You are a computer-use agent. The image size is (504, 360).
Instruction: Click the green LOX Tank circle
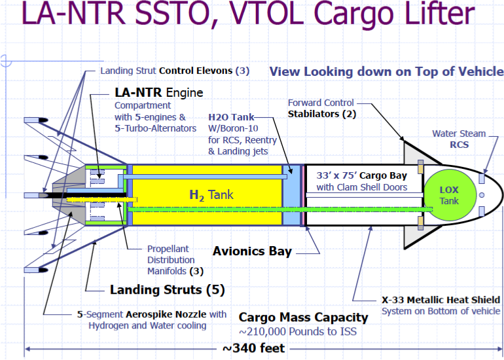pyautogui.click(x=449, y=194)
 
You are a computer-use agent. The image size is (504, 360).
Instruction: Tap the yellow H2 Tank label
pyautogui.click(x=211, y=194)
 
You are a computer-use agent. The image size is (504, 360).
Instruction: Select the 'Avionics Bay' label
pyautogui.click(x=253, y=251)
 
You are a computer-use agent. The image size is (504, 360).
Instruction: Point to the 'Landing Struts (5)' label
pyautogui.click(x=163, y=289)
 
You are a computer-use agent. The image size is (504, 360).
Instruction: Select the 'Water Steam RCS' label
pyautogui.click(x=459, y=139)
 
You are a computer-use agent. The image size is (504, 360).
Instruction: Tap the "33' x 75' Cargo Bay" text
pyautogui.click(x=361, y=175)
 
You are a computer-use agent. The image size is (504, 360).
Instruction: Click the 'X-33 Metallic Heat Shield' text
pyautogui.click(x=441, y=300)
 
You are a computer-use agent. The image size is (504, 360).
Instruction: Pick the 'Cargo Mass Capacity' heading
pyautogui.click(x=303, y=317)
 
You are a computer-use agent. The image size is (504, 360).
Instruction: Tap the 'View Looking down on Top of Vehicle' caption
pyautogui.click(x=386, y=71)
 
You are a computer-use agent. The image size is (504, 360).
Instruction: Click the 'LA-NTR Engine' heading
pyautogui.click(x=159, y=92)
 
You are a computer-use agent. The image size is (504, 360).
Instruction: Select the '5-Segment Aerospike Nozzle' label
pyautogui.click(x=152, y=315)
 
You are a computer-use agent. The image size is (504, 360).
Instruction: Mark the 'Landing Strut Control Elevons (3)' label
pyautogui.click(x=174, y=71)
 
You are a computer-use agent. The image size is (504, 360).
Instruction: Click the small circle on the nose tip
pyautogui.click(x=481, y=194)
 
